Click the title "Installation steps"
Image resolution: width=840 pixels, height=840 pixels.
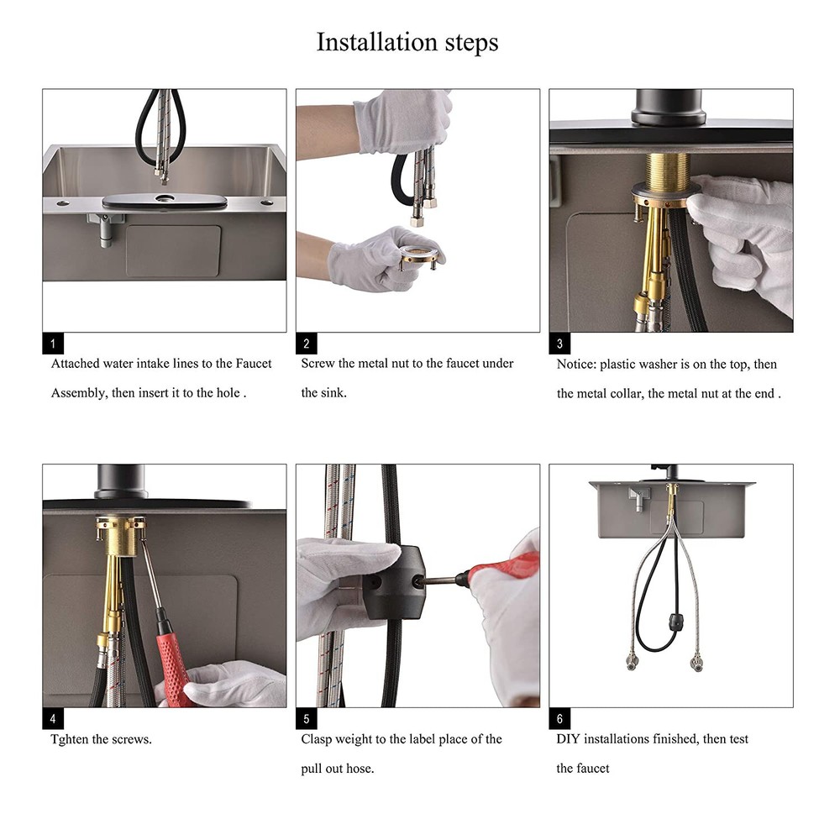point(407,43)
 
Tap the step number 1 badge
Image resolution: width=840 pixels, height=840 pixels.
point(53,343)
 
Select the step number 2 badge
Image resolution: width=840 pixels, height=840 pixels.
point(307,343)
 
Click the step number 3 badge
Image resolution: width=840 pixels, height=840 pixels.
point(560,343)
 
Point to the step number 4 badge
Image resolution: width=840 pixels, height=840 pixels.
point(53,718)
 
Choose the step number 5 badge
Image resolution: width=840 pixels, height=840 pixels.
point(307,718)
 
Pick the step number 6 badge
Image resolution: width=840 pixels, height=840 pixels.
point(560,718)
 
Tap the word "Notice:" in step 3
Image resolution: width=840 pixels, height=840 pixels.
point(576,365)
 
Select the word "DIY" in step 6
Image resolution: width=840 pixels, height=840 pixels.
point(568,739)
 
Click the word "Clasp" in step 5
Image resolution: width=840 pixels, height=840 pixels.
point(318,739)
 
